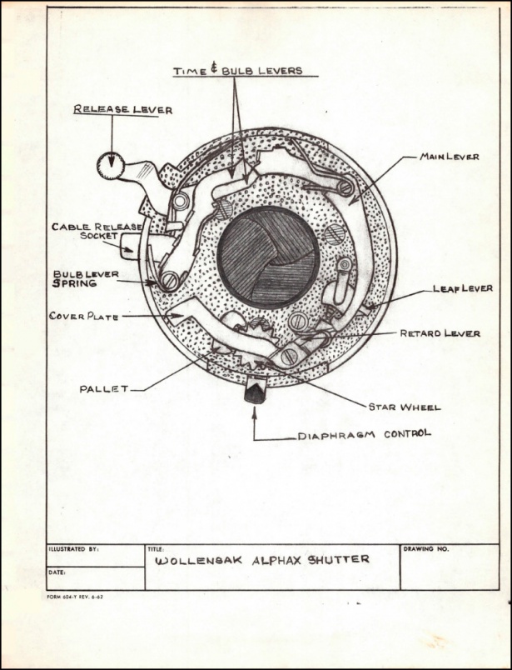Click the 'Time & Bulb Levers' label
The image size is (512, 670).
238,71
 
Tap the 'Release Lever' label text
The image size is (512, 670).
123,109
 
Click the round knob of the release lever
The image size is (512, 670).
111,166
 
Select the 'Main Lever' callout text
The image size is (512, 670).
450,157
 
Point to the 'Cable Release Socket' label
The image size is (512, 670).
97,231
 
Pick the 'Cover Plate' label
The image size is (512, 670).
84,317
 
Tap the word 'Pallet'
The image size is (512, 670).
104,389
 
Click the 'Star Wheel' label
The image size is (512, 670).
405,407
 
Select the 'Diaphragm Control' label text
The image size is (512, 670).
365,434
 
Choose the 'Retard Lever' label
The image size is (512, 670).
440,332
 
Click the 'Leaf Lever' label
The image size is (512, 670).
463,288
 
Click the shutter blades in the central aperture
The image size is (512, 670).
268,257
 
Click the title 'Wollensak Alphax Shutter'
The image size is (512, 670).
261,560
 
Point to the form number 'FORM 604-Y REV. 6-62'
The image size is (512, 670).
75,597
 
